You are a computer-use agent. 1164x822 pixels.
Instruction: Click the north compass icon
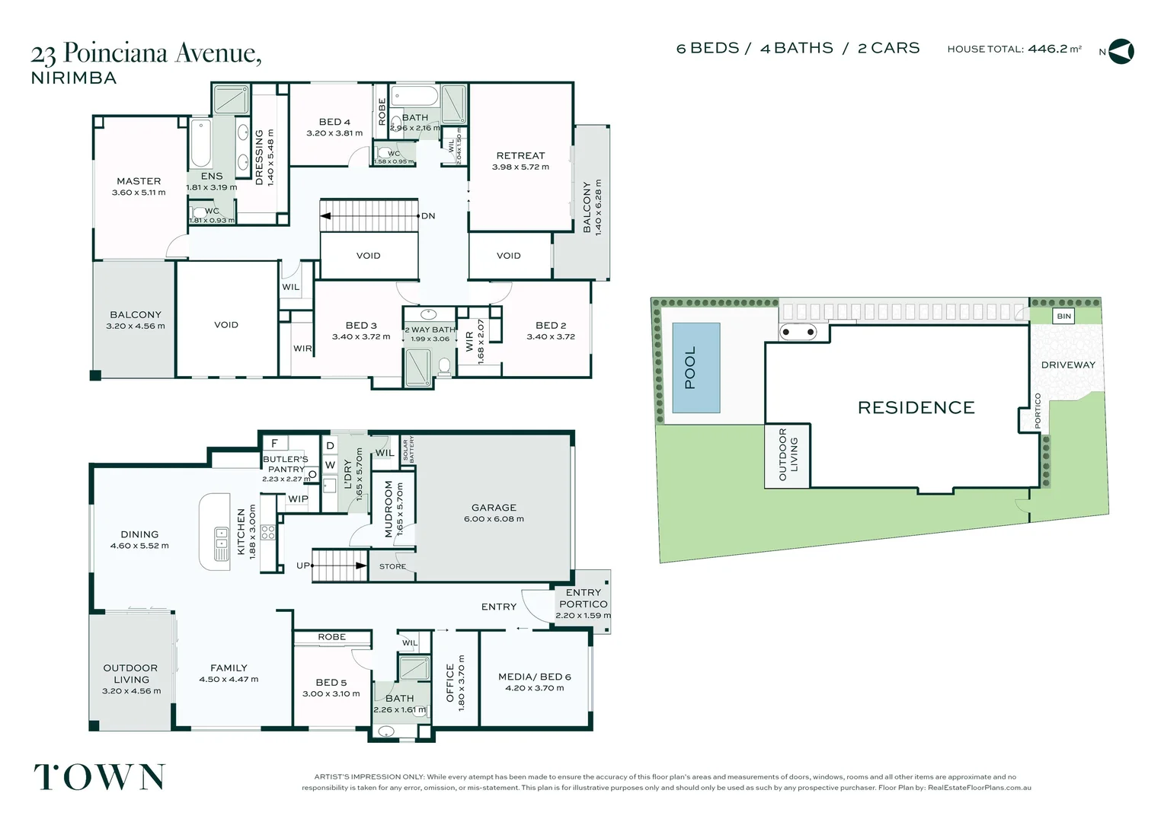[1121, 52]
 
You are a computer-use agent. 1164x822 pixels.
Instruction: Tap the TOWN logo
[99, 777]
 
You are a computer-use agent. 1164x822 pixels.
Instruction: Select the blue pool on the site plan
[696, 368]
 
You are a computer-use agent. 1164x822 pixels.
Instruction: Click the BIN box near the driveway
[1063, 316]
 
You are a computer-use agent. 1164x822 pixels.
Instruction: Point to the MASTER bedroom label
[139, 181]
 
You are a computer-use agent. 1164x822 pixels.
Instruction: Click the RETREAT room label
[520, 155]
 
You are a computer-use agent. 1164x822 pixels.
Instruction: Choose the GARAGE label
[494, 508]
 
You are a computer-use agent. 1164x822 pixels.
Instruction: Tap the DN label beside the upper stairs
[428, 216]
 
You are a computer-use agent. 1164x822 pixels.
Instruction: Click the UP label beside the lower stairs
[303, 566]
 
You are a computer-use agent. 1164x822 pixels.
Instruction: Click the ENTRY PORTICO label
[584, 598]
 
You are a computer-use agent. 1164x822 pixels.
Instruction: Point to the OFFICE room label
[450, 683]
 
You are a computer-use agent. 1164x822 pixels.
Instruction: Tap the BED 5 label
[331, 683]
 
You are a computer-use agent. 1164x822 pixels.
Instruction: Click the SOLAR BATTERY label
[408, 450]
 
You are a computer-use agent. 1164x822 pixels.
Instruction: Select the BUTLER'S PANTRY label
[286, 464]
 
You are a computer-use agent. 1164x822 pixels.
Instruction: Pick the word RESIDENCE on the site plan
[916, 408]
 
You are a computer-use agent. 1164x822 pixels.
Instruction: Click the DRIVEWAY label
[1068, 365]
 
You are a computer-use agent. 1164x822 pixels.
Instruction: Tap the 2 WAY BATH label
[430, 330]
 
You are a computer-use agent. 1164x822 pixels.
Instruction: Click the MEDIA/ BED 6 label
[534, 677]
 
